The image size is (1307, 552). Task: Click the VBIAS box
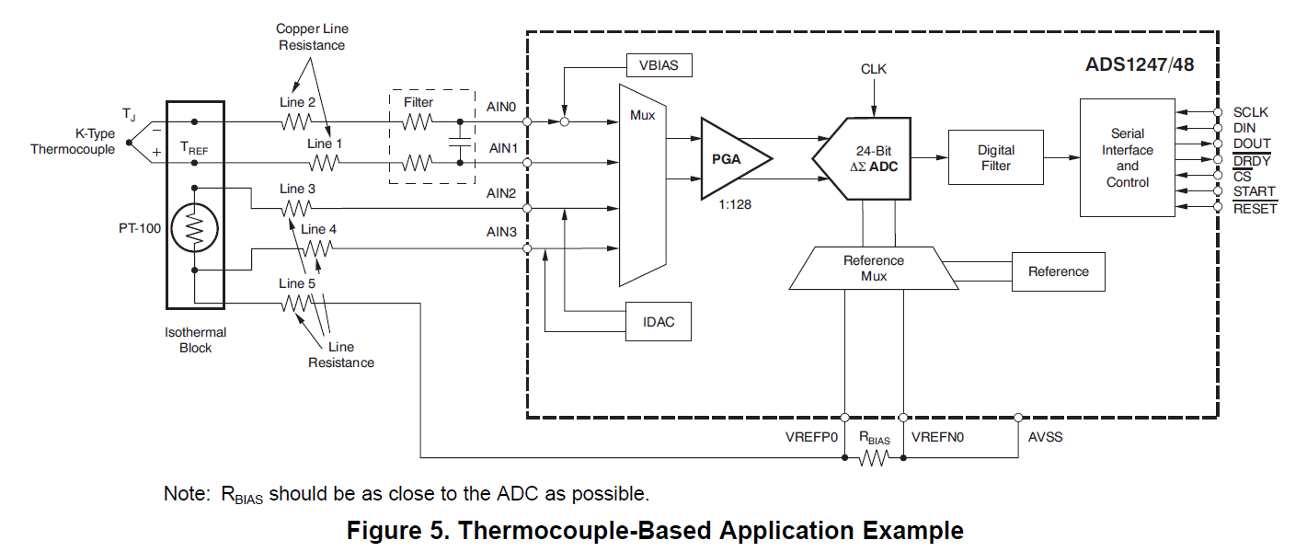coord(659,65)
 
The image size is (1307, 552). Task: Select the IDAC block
coord(659,321)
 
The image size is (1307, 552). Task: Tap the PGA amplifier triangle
coord(732,158)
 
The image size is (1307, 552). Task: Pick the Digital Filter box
coord(996,157)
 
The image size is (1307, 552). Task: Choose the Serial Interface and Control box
coord(1128,158)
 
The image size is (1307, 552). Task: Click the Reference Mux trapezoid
coord(873,268)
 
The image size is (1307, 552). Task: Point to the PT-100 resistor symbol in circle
coord(194,228)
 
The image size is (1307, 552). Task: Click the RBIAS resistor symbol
coord(873,457)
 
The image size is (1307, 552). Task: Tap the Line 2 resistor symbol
coord(297,121)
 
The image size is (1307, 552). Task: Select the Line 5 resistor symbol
coord(298,303)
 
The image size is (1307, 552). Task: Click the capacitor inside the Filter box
coord(459,142)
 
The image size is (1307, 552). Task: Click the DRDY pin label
coord(1251,160)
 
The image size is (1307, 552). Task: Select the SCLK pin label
coord(1251,112)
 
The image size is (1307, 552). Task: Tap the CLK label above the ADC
coord(874,69)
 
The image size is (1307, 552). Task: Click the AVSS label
coord(1046,436)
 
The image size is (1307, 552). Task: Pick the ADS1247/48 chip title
coord(1139,66)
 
